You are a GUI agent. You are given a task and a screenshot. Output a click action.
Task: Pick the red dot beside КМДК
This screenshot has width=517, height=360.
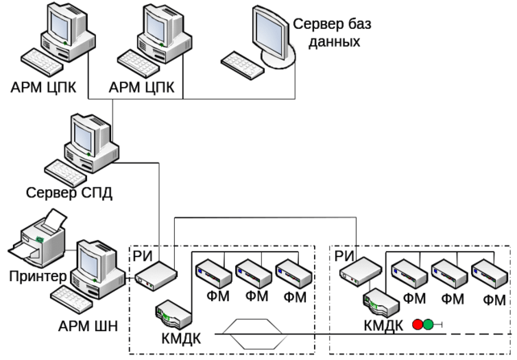417,325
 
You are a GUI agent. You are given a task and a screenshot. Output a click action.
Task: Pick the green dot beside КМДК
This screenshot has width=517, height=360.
428,325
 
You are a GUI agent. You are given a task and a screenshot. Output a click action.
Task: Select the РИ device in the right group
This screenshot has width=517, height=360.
358,274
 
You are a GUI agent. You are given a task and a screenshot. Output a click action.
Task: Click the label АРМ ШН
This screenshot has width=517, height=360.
89,325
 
